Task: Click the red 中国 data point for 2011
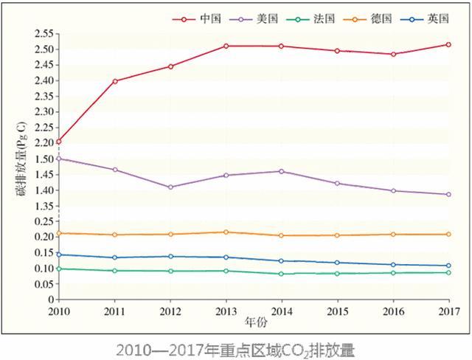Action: click(115, 81)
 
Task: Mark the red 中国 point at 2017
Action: click(448, 44)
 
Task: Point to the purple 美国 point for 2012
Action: click(170, 187)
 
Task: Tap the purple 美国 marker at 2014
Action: click(282, 171)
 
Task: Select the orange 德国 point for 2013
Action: click(226, 232)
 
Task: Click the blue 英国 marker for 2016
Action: click(393, 265)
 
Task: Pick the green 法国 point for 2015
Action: click(338, 274)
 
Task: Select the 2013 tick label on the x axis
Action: click(226, 311)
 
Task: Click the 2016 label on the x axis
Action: click(393, 311)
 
